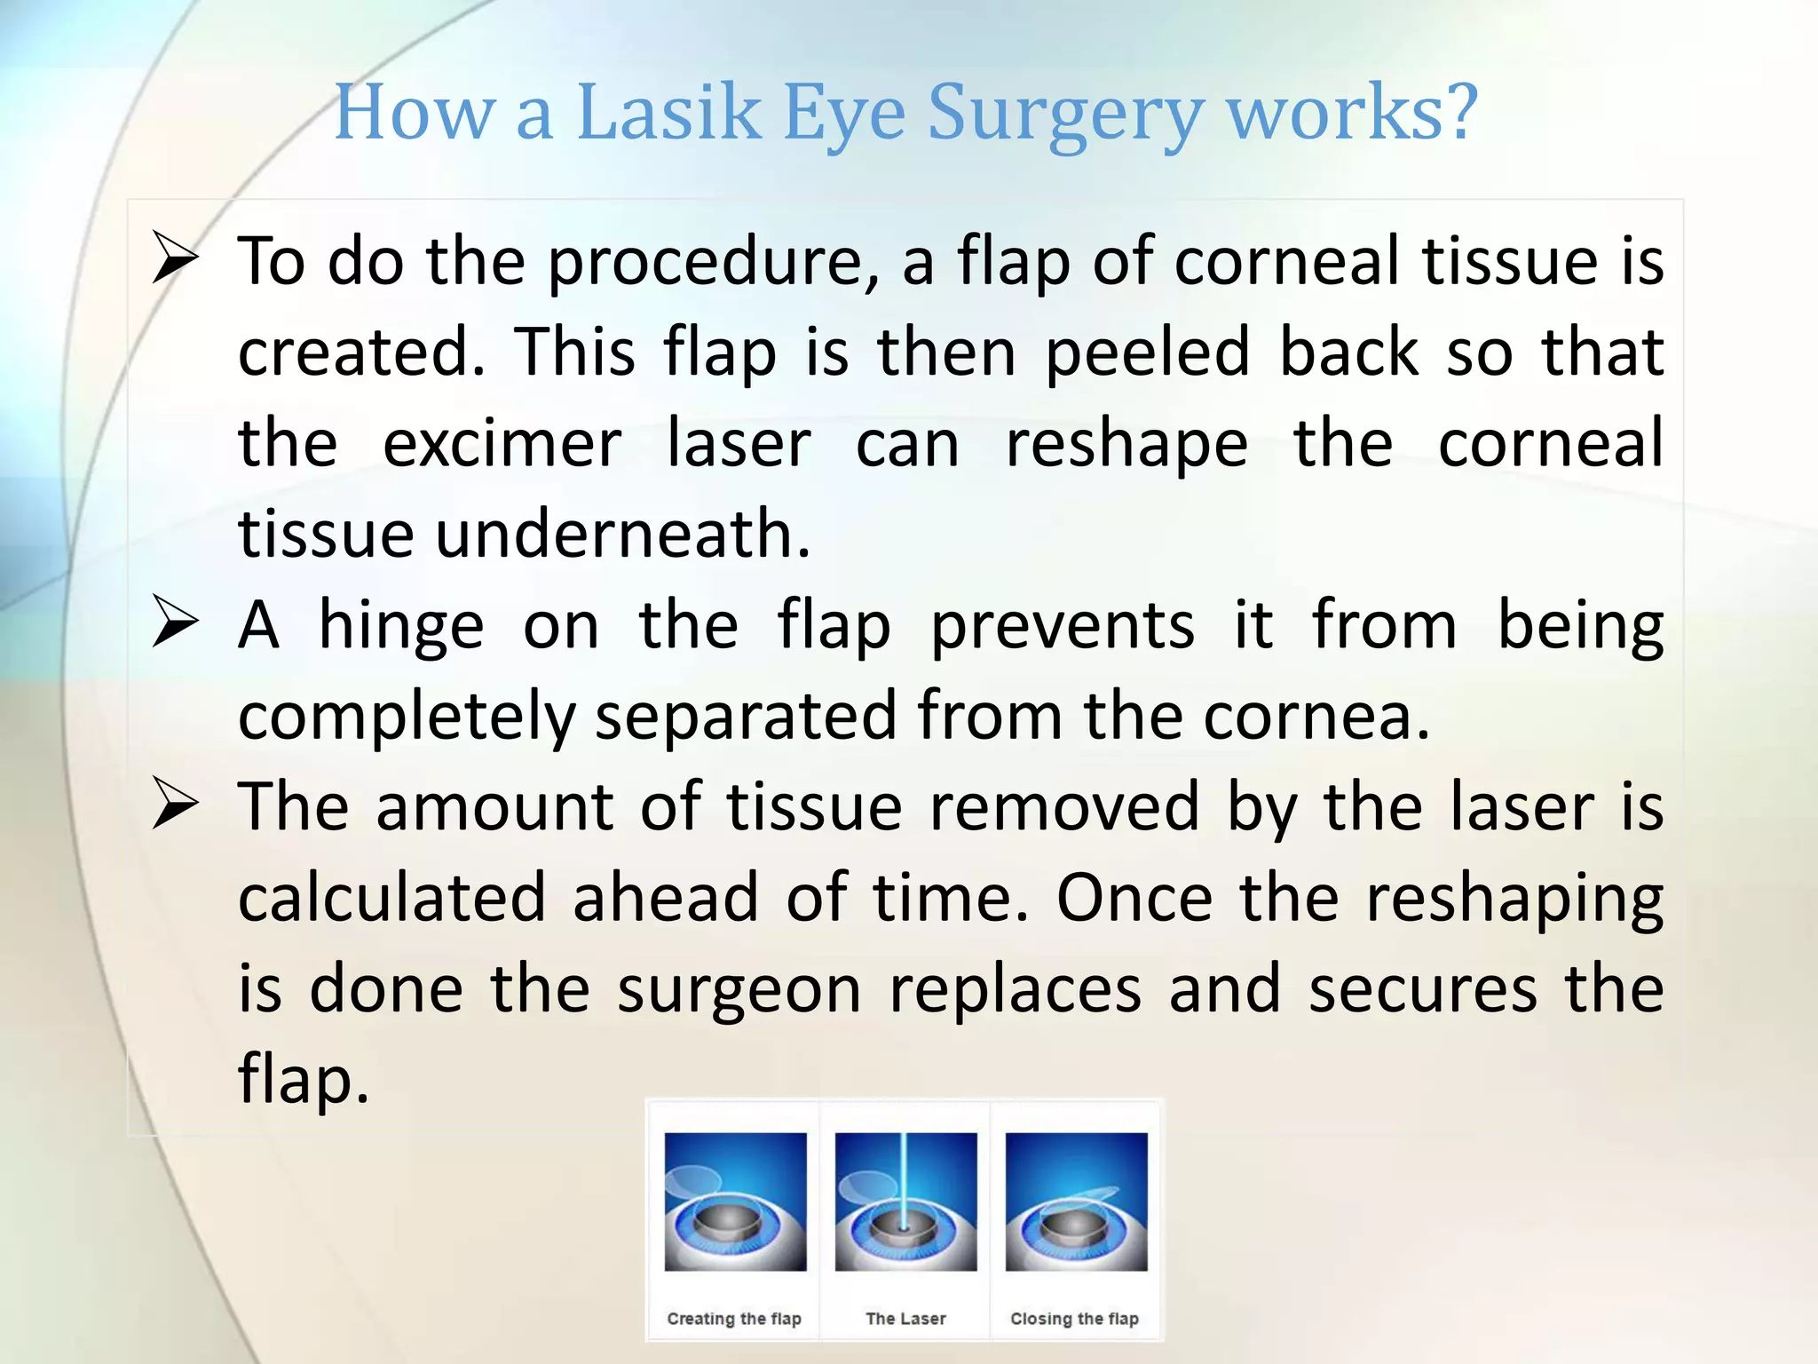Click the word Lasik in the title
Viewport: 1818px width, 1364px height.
tap(668, 113)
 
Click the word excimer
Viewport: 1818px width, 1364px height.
tap(502, 443)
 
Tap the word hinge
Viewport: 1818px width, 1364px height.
tap(401, 626)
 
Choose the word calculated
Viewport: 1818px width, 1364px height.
tap(391, 898)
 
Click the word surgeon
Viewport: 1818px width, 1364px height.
tap(739, 991)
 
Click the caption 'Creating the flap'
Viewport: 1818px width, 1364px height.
tap(734, 1319)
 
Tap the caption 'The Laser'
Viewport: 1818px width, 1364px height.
tap(905, 1319)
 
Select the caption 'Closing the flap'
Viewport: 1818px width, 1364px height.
tap(1074, 1319)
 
